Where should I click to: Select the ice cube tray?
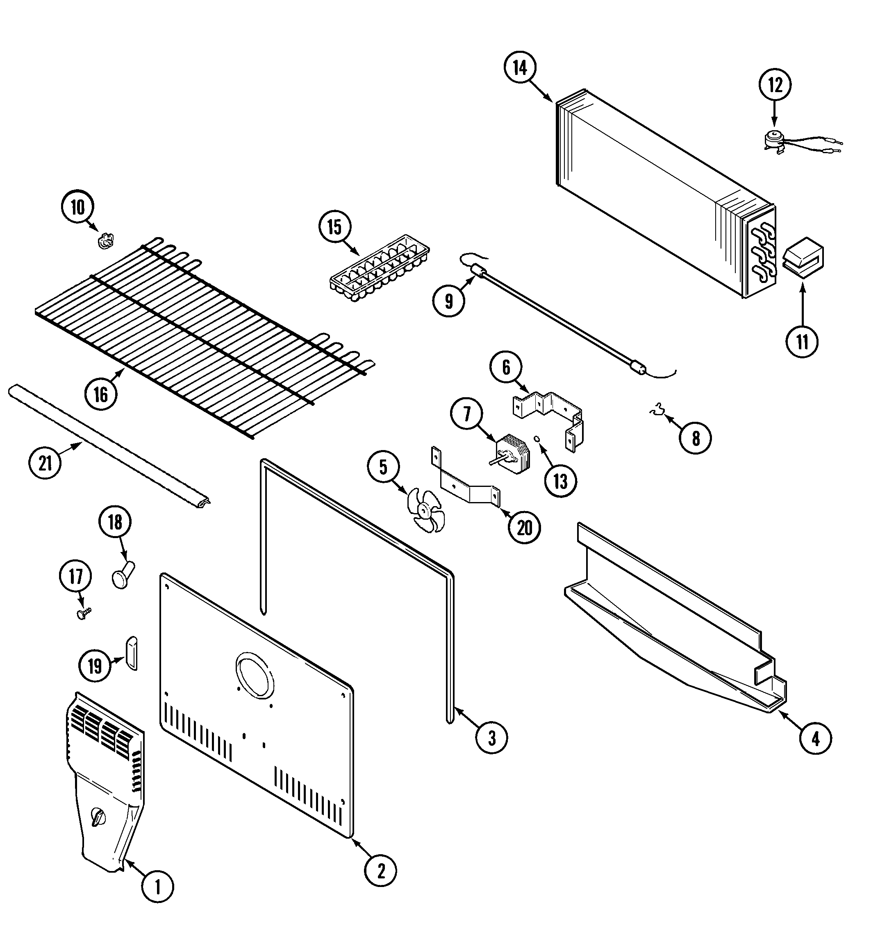pos(380,268)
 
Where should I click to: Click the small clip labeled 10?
pos(106,241)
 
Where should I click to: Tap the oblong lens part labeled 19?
pos(132,653)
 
